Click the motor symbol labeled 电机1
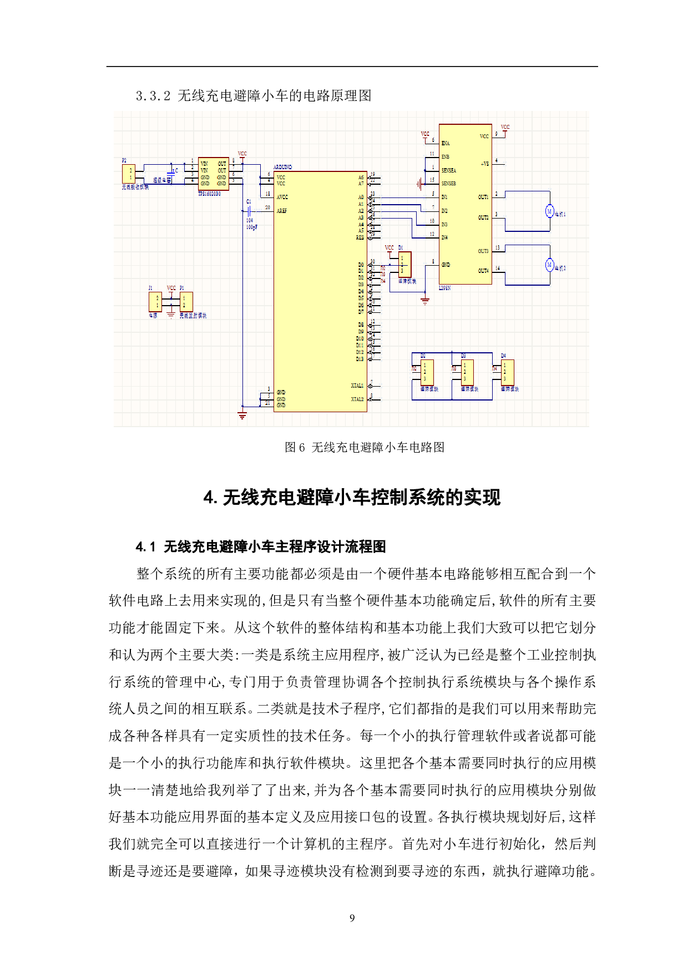click(549, 211)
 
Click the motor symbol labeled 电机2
click(549, 265)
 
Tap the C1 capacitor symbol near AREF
click(250, 211)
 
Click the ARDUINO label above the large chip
click(282, 167)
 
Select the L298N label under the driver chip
click(445, 288)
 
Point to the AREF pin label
click(282, 211)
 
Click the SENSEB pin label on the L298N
click(448, 183)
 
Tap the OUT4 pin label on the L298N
click(483, 271)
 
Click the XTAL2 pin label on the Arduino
click(357, 399)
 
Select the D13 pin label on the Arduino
click(360, 359)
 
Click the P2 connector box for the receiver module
click(129, 174)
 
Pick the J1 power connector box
click(155, 302)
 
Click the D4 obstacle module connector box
click(508, 372)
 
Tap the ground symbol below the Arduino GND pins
click(242, 415)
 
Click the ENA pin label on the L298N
click(446, 143)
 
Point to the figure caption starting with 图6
click(364, 447)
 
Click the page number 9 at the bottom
click(352, 918)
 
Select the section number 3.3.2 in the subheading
click(153, 96)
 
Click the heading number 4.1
click(145, 547)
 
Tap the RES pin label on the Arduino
click(360, 237)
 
